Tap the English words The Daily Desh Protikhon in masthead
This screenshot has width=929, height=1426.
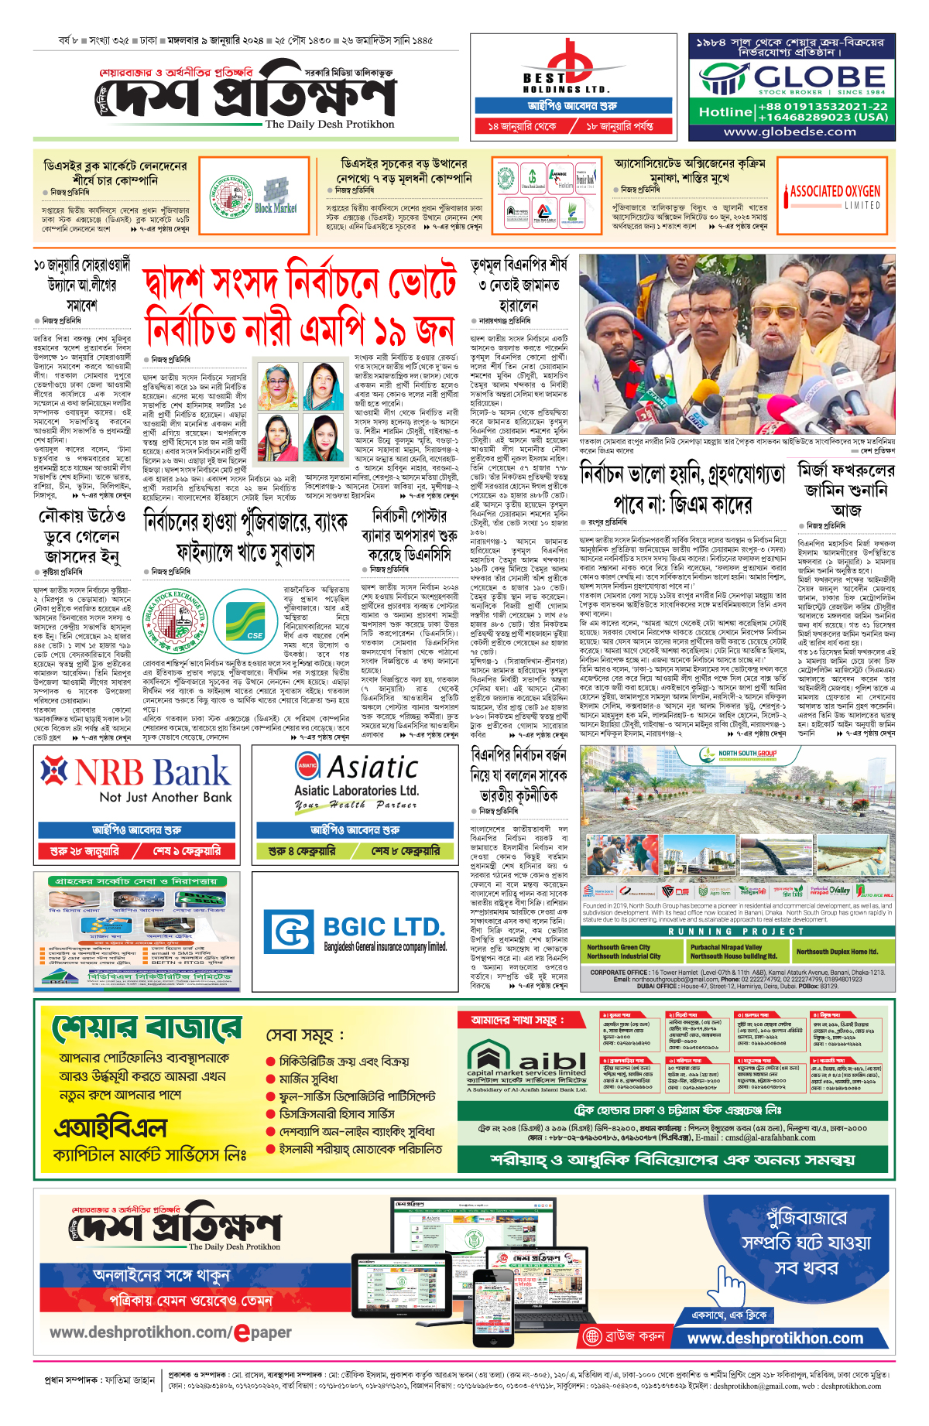(x=329, y=124)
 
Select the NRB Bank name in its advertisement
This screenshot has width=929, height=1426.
(x=153, y=771)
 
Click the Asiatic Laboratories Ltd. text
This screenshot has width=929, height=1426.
(x=356, y=790)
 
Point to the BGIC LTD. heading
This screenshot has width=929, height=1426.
(x=384, y=927)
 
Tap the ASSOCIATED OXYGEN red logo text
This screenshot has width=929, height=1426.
(x=835, y=192)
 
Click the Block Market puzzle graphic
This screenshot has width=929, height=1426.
(x=276, y=194)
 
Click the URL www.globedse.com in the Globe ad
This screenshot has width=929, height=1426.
(x=790, y=132)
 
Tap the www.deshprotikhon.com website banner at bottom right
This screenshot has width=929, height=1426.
(x=775, y=1338)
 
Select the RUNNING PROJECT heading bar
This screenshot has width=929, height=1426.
(x=737, y=931)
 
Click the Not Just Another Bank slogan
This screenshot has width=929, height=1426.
(x=166, y=797)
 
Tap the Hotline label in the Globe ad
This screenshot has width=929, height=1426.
(x=725, y=112)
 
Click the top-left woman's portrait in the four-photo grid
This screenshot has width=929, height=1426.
(x=279, y=388)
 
